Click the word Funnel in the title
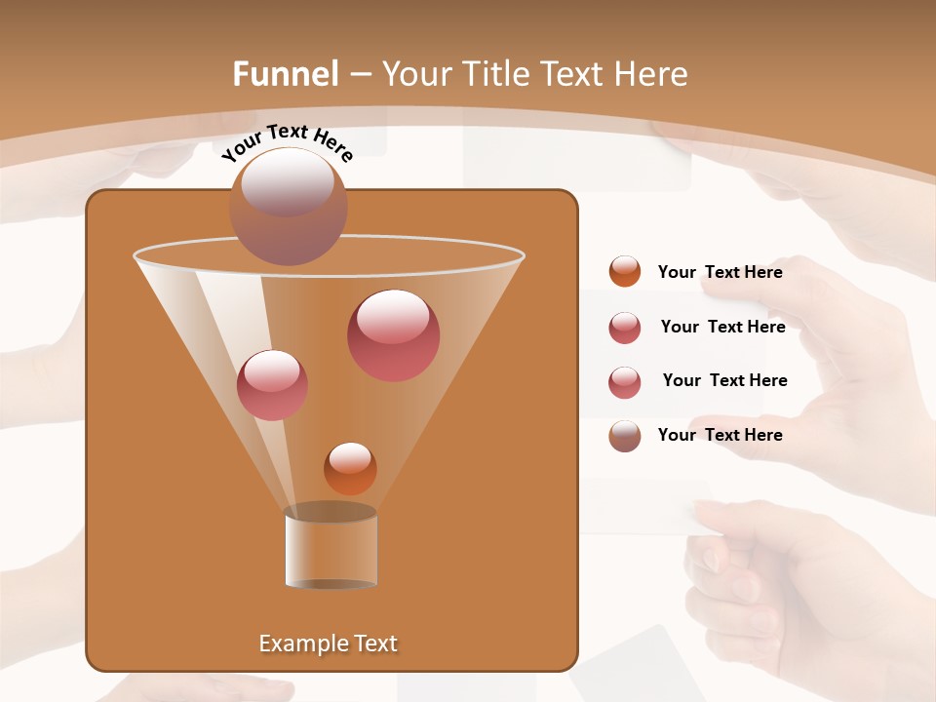tap(285, 74)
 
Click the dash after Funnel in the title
tap(358, 75)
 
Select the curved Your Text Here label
tap(287, 141)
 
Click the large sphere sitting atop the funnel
tap(288, 206)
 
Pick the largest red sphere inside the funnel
tap(393, 334)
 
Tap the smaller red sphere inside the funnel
tap(272, 384)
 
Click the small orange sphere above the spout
tap(350, 468)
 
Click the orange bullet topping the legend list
tap(624, 272)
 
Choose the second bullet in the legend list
tap(624, 328)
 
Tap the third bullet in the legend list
tap(624, 382)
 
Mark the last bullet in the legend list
tap(624, 436)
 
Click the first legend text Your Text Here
tap(720, 272)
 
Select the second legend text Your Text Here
tap(722, 327)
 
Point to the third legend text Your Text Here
tap(724, 380)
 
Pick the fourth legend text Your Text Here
tap(720, 435)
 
